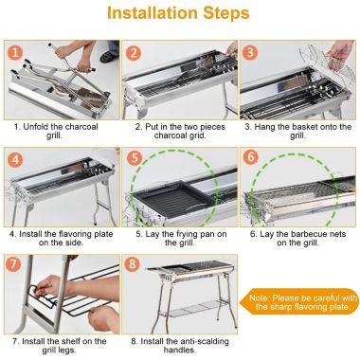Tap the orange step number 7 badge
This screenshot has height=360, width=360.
[x=17, y=263]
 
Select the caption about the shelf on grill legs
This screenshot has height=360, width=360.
[x=63, y=343]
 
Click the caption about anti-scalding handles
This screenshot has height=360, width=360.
[x=178, y=343]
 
